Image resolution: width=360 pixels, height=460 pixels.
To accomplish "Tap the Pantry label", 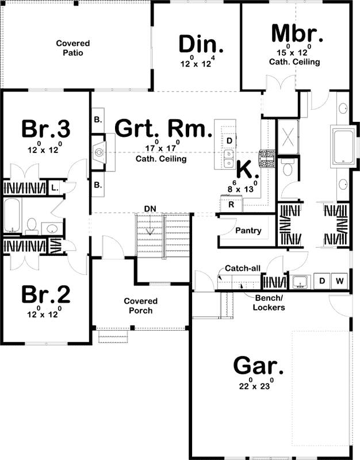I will tap(248, 231).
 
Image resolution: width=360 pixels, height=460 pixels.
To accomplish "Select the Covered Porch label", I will tap(141, 306).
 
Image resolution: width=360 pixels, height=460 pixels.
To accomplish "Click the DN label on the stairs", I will tap(150, 207).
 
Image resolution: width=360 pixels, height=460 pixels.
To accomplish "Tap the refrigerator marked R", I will tap(231, 204).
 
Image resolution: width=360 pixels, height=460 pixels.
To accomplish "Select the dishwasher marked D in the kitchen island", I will tap(229, 140).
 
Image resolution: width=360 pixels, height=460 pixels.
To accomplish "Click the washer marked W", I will tap(339, 281).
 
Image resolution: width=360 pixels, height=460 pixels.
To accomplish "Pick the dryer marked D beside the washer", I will tap(322, 281).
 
